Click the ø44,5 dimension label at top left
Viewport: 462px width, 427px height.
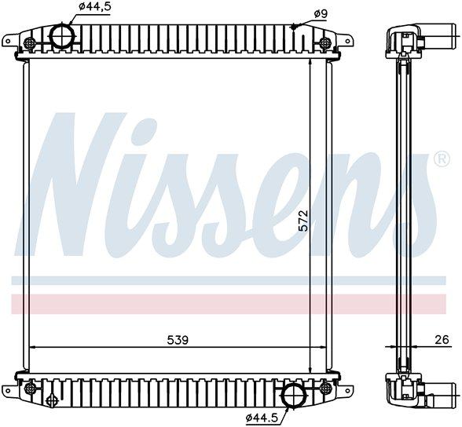tap(95, 6)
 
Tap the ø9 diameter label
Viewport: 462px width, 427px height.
tap(321, 14)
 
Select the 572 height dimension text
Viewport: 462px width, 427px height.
tap(303, 221)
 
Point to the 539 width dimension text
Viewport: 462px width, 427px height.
tap(178, 340)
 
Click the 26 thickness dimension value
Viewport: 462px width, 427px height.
tap(442, 340)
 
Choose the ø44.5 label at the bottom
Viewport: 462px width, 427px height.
tap(261, 418)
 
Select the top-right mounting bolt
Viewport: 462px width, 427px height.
tap(325, 42)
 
